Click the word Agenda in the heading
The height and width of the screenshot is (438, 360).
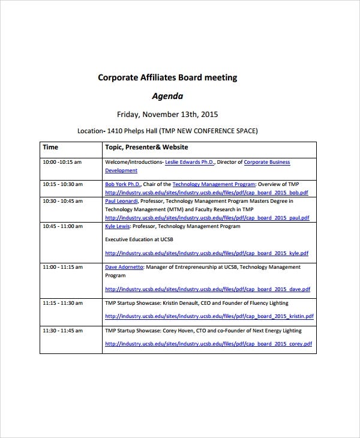click(167, 95)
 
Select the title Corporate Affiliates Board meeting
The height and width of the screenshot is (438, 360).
click(167, 77)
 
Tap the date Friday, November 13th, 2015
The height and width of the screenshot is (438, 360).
click(167, 114)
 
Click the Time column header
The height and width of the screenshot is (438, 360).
click(50, 147)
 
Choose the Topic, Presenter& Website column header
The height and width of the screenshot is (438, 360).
click(146, 147)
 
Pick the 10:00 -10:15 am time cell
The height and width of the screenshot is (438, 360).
click(62, 162)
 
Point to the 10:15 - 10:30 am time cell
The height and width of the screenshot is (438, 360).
click(63, 184)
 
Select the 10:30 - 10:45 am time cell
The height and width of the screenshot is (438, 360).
click(63, 202)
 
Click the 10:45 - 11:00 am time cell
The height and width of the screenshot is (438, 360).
click(63, 227)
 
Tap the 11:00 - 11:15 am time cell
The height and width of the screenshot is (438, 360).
click(63, 267)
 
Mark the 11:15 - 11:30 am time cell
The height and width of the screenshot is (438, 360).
click(63, 304)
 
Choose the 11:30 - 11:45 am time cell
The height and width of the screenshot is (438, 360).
click(63, 331)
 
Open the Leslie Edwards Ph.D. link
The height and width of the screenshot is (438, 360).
click(189, 162)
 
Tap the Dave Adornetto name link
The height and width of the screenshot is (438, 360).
click(124, 267)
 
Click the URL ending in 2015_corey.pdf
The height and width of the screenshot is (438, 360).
click(209, 344)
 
